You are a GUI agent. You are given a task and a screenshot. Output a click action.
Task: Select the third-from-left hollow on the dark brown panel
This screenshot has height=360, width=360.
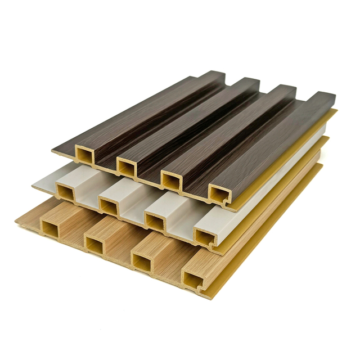tap(170, 179)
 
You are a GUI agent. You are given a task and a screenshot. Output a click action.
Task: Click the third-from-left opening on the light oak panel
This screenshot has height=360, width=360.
tap(141, 259)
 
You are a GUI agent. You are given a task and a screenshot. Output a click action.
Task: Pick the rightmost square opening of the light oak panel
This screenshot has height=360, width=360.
tap(193, 278)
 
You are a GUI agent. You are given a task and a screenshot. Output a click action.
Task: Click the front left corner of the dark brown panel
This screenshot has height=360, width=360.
tap(53, 150)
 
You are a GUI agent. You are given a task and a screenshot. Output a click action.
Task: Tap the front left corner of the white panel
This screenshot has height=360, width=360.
tap(33, 183)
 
